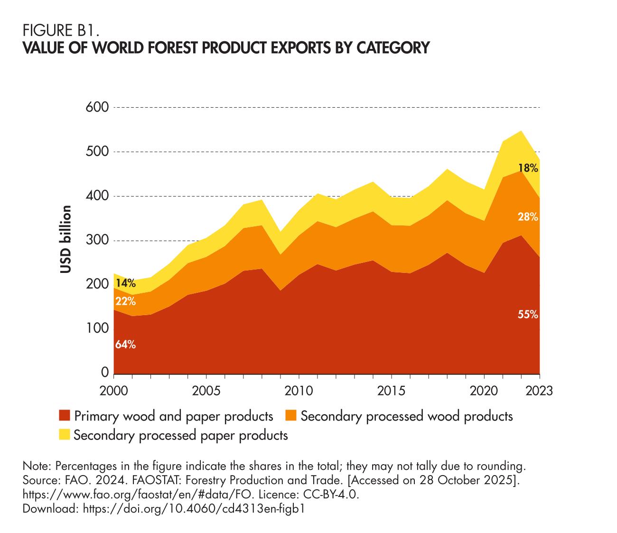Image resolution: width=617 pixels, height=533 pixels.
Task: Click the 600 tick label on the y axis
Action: pyautogui.click(x=98, y=107)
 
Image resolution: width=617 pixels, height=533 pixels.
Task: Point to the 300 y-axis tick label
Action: pyautogui.click(x=98, y=241)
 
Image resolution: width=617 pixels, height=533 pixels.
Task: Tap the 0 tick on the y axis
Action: pyautogui.click(x=105, y=373)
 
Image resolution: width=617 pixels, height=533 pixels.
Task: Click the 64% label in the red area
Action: pyautogui.click(x=125, y=345)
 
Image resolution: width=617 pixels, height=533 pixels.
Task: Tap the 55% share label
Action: pyautogui.click(x=528, y=314)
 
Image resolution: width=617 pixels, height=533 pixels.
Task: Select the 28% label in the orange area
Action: pyautogui.click(x=528, y=217)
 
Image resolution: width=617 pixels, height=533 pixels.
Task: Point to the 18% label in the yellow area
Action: pyautogui.click(x=528, y=168)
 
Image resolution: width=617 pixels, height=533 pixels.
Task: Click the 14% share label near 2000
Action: pyautogui.click(x=125, y=284)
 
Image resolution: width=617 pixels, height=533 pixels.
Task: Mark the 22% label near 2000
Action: pyautogui.click(x=125, y=301)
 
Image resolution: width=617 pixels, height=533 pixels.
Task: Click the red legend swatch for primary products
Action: pyautogui.click(x=64, y=416)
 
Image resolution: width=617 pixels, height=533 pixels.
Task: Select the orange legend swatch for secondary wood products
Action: pyautogui.click(x=290, y=416)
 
